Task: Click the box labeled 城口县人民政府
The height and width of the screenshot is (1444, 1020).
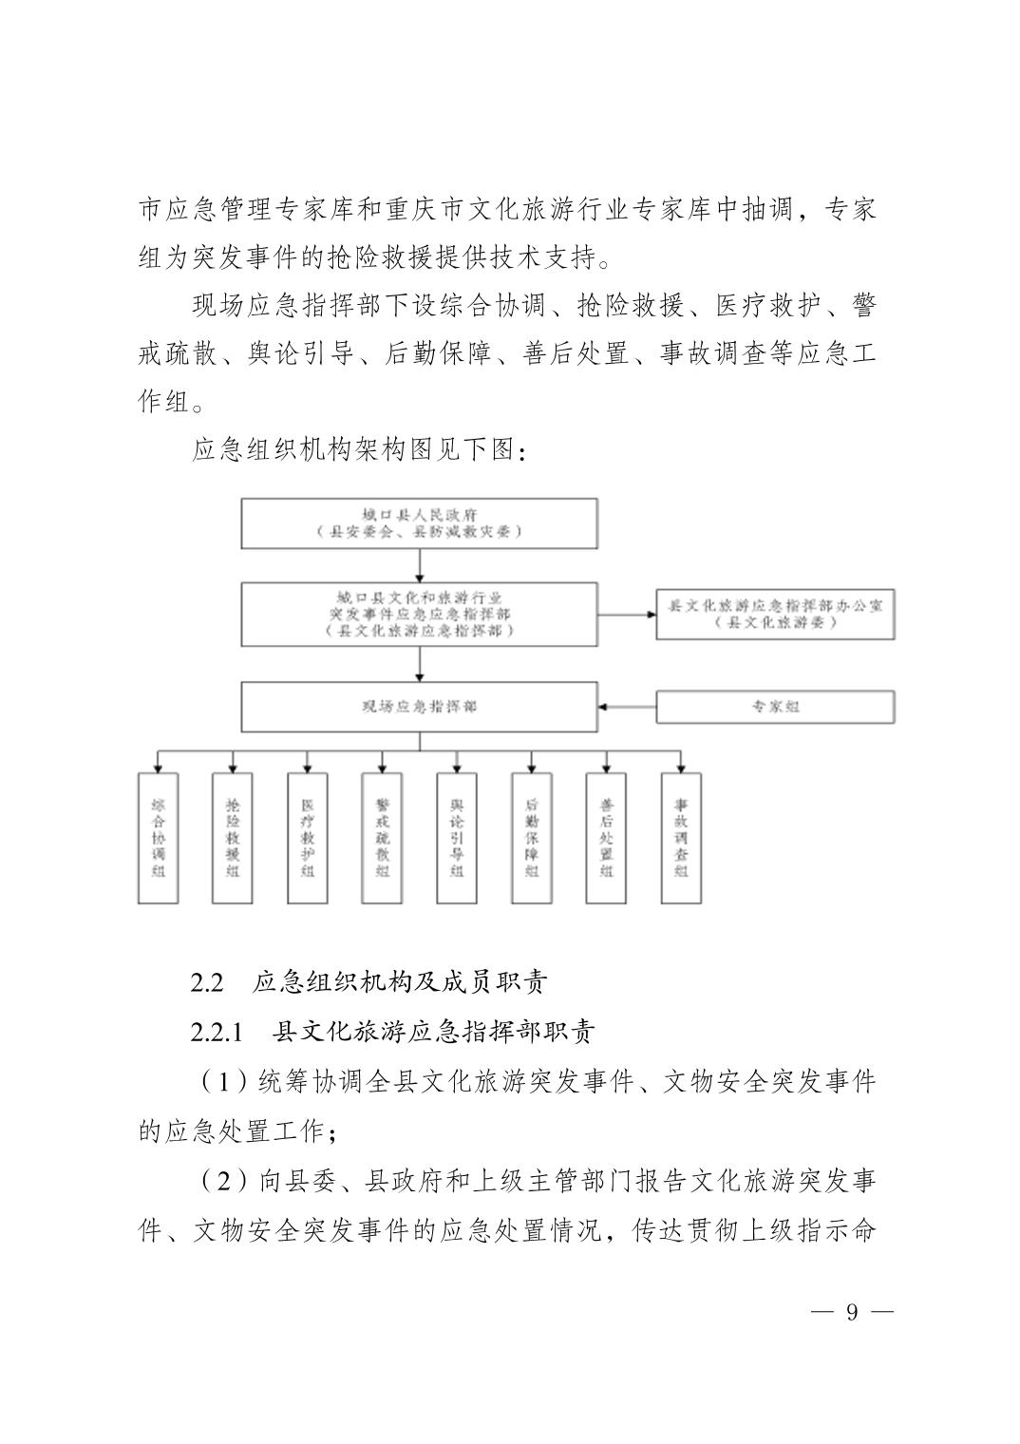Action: click(419, 523)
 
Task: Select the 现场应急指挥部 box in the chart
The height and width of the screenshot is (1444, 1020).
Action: click(419, 707)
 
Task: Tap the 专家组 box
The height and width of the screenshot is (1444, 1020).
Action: click(775, 707)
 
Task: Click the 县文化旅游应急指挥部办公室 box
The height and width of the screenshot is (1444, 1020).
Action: click(775, 614)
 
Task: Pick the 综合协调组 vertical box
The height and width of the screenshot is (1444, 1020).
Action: click(159, 837)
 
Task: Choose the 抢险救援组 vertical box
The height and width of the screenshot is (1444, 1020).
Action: click(233, 837)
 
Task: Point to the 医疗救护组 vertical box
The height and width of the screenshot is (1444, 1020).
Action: click(308, 837)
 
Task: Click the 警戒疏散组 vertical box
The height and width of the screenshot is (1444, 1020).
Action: click(382, 837)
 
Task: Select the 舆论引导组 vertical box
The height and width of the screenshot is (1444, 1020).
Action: click(457, 837)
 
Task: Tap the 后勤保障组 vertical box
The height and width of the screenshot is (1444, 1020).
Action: click(531, 837)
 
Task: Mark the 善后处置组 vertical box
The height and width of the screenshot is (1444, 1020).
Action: click(606, 837)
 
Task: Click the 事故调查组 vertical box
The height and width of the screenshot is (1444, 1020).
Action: click(681, 837)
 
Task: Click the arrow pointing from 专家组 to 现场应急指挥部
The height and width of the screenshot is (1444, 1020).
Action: click(627, 707)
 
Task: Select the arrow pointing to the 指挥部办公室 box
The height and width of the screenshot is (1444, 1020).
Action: click(627, 614)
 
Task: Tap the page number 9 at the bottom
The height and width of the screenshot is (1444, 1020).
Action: click(852, 1313)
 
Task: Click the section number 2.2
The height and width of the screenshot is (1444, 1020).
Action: click(206, 982)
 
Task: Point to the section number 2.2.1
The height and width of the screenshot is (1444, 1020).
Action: click(217, 1032)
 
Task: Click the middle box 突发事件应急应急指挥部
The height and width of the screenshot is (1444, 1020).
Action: click(419, 614)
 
